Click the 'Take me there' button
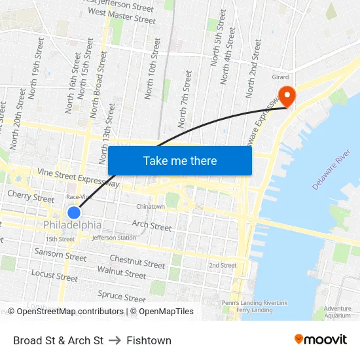point(180,160)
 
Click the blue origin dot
point(74,213)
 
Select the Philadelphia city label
point(72,225)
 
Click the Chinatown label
point(151,207)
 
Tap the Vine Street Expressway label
point(79,177)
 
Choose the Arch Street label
point(151,226)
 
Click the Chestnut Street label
point(137,262)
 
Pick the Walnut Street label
point(121,272)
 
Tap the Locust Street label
point(54,276)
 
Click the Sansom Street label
point(60,254)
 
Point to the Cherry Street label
point(31,196)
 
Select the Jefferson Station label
point(114,238)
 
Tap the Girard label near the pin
point(280,77)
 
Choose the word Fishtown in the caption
point(149,340)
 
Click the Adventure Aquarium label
point(338,312)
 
